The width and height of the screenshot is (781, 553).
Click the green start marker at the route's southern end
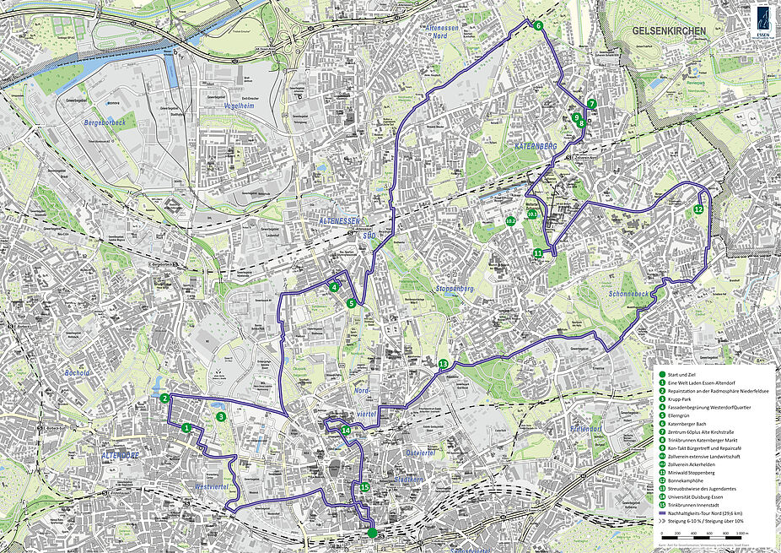(x=372, y=532)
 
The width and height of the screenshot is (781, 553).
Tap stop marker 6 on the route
(x=537, y=25)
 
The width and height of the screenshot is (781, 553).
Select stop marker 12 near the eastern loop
(x=698, y=209)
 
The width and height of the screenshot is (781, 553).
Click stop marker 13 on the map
(x=443, y=364)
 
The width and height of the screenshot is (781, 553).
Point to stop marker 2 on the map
(x=165, y=398)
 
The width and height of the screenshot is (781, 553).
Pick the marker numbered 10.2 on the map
(x=509, y=221)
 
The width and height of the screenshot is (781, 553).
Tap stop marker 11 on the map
(x=537, y=252)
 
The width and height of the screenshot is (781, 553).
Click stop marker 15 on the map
(x=364, y=487)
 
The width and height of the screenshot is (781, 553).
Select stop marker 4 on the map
(x=335, y=287)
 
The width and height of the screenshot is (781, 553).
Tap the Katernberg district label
(x=535, y=146)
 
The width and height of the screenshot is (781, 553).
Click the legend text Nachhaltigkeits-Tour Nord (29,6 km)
(x=708, y=513)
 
